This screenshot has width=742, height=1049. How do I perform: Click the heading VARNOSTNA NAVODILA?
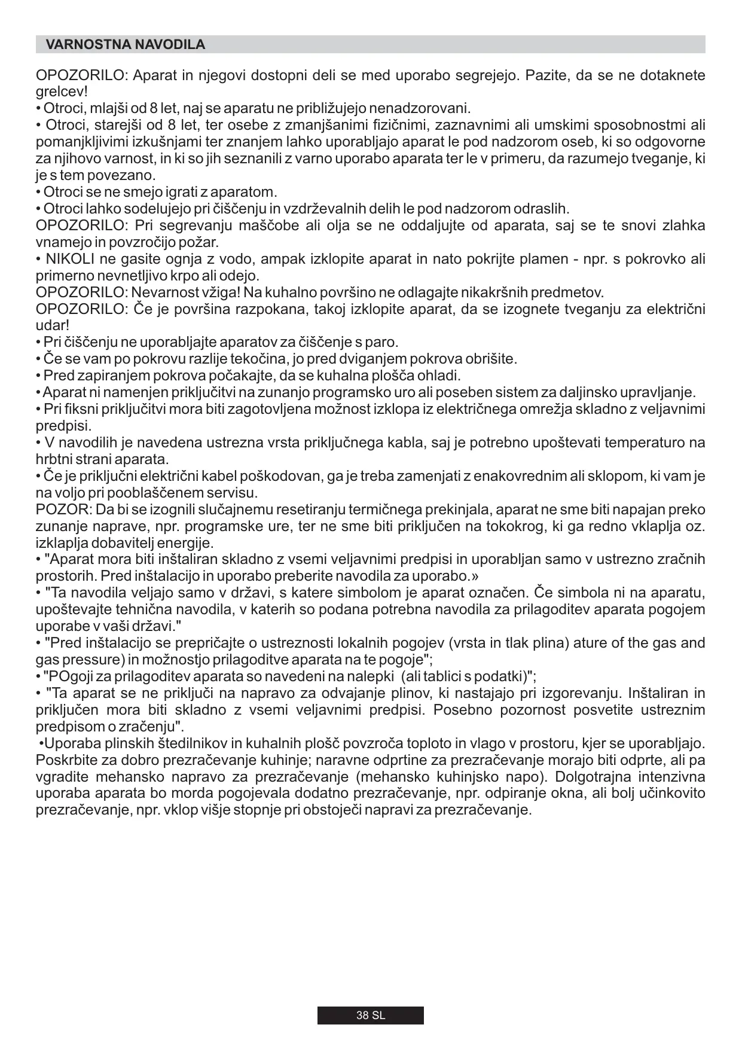(x=126, y=45)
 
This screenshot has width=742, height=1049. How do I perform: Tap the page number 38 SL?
(x=371, y=1016)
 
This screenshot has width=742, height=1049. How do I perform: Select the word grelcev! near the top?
(x=62, y=92)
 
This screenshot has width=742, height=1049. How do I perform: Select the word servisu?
(x=231, y=493)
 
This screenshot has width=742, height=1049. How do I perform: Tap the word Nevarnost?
(x=164, y=293)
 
